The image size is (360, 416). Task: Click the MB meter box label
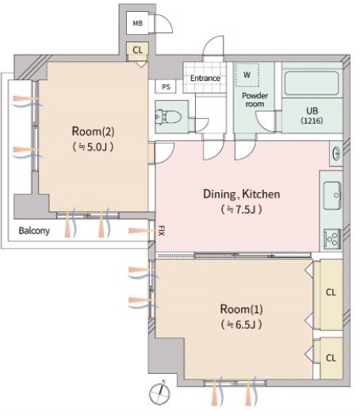[137, 23]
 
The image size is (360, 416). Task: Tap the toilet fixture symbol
[168, 117]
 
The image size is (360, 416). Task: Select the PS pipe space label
[166, 87]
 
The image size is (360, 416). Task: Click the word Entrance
[205, 79]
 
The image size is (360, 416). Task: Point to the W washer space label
[247, 75]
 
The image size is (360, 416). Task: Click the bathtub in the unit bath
[312, 83]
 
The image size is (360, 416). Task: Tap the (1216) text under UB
[312, 121]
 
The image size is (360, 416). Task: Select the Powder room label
[255, 99]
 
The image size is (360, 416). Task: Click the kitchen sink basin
[332, 195]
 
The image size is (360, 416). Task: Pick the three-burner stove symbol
[332, 239]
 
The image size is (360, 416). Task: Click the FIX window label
[161, 230]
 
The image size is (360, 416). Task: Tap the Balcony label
[34, 231]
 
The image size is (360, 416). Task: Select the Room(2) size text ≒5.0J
[93, 147]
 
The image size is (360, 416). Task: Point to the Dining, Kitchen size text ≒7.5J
[241, 210]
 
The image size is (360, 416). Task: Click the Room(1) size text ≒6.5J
[241, 325]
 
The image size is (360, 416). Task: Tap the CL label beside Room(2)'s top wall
[137, 50]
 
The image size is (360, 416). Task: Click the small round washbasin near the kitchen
[336, 153]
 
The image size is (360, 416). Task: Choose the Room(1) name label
[241, 310]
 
